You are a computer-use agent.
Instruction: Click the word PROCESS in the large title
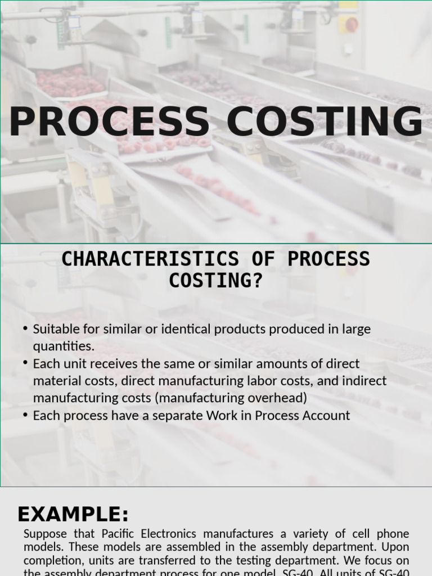109,122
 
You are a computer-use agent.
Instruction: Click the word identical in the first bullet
184,329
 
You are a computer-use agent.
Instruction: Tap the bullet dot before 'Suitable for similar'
26,328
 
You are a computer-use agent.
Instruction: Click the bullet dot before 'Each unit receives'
26,363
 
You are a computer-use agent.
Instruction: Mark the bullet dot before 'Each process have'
26,415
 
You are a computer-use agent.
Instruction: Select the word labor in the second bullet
263,381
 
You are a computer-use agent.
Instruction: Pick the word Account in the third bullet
326,416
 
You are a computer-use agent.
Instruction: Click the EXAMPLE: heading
73,515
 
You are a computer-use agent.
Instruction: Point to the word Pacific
122,533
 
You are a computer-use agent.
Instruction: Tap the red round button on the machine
351,24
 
